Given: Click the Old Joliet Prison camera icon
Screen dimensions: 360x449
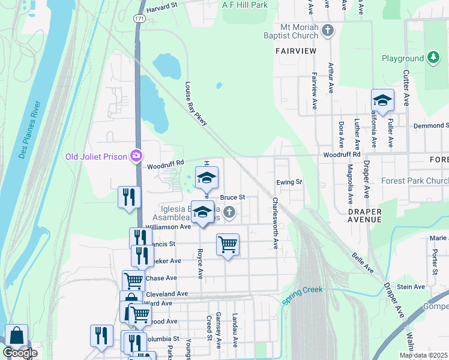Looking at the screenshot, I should coord(136,156).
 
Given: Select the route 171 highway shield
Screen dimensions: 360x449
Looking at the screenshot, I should coord(140,19).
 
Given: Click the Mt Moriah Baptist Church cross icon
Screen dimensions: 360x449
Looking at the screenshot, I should coord(327,30).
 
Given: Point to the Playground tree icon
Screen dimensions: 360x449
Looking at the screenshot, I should coord(432,58).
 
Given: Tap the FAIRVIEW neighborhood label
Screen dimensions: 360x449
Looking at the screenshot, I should coord(296,51).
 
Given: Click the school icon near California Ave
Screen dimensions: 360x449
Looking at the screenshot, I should coord(382,100).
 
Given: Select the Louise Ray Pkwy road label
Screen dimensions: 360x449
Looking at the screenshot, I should coord(196,104).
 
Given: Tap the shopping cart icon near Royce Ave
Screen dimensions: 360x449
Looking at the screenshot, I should coord(228,244).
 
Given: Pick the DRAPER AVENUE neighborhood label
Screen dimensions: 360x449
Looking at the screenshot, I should coord(365,215).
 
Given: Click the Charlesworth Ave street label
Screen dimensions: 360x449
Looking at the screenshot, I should coord(276,223).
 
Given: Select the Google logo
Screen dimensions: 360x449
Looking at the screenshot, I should coord(20,353).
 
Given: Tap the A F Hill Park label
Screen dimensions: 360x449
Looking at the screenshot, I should coord(244,5).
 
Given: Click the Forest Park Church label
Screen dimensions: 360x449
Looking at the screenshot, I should coord(414,181).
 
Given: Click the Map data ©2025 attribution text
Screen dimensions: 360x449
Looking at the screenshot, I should coord(423,355).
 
